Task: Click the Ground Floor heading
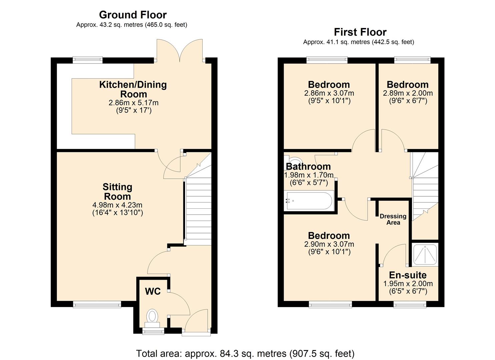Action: (133, 15)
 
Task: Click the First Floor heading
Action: (360, 32)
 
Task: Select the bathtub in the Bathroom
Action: (309, 201)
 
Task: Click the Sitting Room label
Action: (117, 191)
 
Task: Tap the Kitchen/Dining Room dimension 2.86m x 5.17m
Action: (133, 103)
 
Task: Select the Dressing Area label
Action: (393, 219)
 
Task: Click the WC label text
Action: (153, 291)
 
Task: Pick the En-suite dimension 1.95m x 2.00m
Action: (408, 284)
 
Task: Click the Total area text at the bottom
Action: (245, 353)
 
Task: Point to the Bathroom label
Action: (308, 166)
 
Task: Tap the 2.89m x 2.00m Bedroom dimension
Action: (408, 93)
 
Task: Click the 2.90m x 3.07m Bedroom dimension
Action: (329, 244)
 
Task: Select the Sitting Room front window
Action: (97, 304)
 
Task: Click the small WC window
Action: (153, 331)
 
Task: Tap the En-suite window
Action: (410, 304)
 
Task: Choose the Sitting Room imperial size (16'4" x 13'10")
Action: (117, 213)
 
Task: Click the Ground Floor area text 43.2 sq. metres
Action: (131, 25)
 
